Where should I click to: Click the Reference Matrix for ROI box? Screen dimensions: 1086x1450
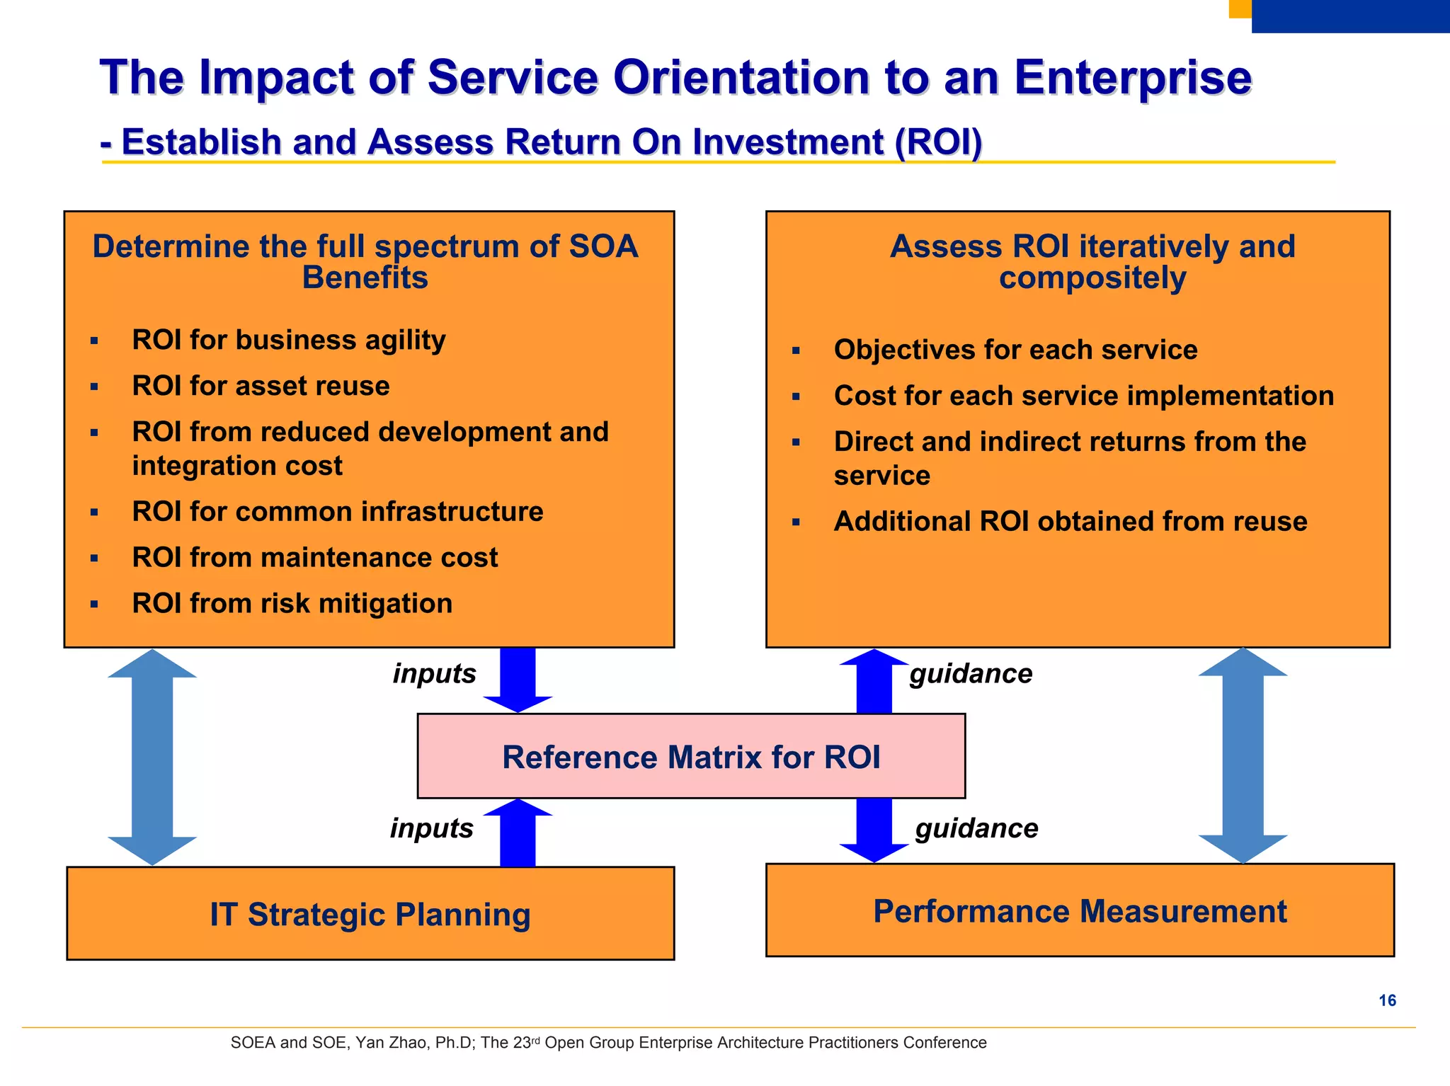691,756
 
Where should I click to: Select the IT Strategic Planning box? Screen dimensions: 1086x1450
370,914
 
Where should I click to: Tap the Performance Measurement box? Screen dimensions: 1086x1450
1079,910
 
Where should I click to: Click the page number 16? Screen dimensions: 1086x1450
1387,1000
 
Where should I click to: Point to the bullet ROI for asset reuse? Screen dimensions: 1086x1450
261,386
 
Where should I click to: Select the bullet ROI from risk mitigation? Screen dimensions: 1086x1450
292,603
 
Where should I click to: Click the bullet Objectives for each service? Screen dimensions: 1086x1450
1015,350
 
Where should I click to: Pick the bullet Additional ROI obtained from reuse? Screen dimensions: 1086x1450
1070,521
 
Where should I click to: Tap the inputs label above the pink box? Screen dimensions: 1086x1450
434,673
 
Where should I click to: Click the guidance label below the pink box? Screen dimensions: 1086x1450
976,828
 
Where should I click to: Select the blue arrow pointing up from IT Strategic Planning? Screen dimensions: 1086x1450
518,833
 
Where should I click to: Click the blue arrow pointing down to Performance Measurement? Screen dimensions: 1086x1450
874,830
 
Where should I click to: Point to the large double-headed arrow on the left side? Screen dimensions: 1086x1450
152,757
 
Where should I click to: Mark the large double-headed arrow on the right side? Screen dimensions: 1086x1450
1243,755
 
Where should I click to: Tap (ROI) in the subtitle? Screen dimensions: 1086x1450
938,142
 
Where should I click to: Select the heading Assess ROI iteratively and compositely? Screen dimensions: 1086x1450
1092,262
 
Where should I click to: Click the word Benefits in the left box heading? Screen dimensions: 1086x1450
365,278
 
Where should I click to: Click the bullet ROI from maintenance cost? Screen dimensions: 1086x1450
314,557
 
